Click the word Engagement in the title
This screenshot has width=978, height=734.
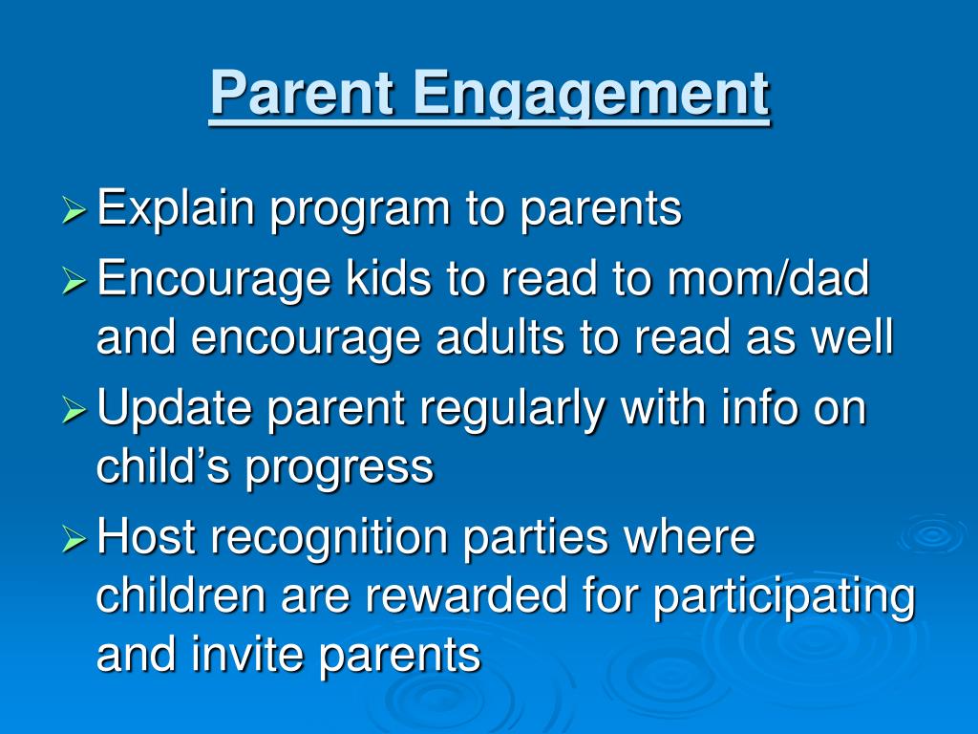pyautogui.click(x=590, y=96)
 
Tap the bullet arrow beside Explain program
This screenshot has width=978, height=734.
pyautogui.click(x=74, y=209)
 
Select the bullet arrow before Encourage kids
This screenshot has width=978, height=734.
pyautogui.click(x=74, y=281)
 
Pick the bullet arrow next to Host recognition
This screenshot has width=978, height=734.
pyautogui.click(x=74, y=539)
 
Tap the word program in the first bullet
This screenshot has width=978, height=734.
pyautogui.click(x=360, y=213)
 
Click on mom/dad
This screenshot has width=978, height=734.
pyautogui.click(x=768, y=278)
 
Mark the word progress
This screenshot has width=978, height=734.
pyautogui.click(x=339, y=470)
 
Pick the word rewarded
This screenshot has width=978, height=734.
pyautogui.click(x=466, y=594)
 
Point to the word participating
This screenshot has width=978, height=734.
pyautogui.click(x=784, y=599)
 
